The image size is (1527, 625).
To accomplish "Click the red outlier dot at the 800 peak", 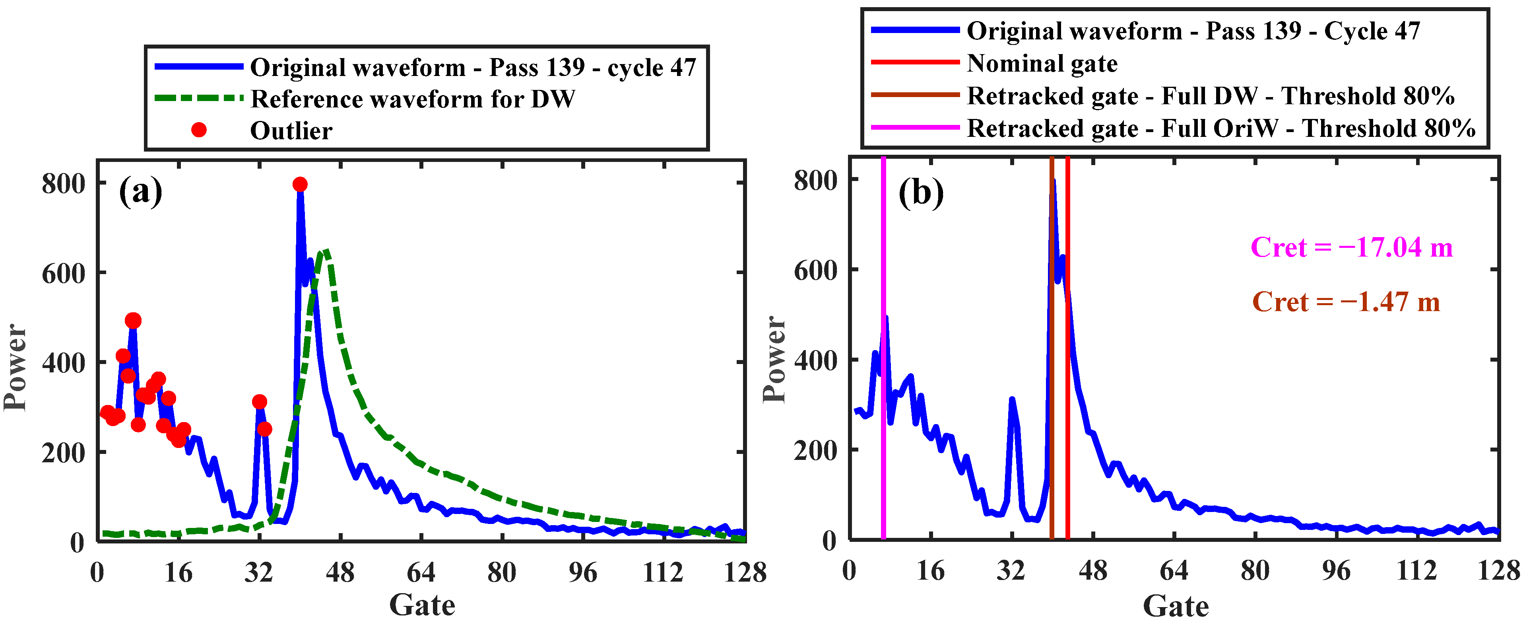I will (300, 185).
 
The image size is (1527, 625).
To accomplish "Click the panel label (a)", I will (140, 191).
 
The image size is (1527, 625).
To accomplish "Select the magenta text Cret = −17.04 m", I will (1352, 247).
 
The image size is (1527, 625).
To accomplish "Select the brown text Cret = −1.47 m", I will (1346, 302).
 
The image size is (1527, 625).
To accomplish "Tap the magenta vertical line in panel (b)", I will (883, 415).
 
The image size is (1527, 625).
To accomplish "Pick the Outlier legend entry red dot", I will (199, 130).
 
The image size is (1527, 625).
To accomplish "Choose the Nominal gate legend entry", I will (1042, 63).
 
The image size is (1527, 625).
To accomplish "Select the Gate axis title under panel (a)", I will (421, 605).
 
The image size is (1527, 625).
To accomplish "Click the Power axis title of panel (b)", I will (774, 359).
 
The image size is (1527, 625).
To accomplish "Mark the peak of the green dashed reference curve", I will (325, 251).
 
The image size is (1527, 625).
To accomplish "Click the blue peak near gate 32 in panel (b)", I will (1012, 400).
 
